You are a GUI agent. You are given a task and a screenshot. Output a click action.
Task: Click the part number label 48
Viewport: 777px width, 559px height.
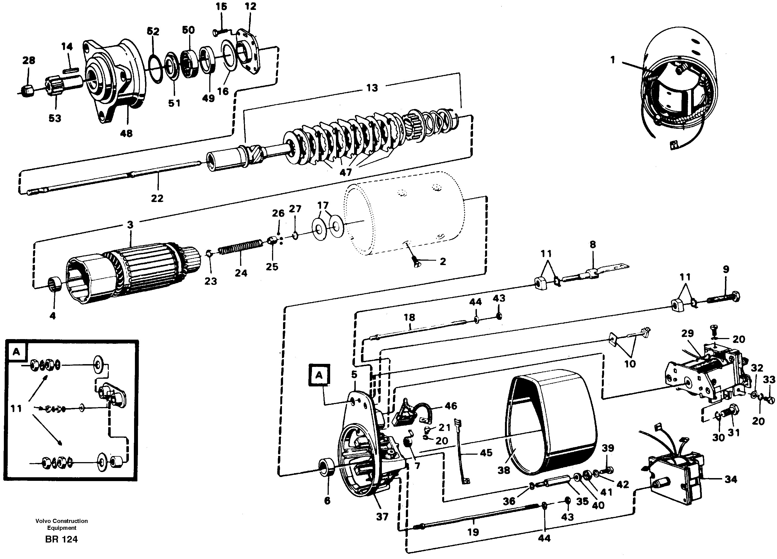126,133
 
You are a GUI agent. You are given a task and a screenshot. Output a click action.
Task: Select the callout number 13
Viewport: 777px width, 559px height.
372,88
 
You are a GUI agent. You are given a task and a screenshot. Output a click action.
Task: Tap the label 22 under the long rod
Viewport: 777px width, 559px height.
157,198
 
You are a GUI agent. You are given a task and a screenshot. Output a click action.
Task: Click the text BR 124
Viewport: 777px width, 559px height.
61,539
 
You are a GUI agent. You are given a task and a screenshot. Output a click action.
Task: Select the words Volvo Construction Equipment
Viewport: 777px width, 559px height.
61,524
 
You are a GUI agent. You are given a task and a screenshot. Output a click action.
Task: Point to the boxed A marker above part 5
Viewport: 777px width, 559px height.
319,375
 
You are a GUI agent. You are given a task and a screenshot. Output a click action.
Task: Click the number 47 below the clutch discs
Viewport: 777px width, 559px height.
345,172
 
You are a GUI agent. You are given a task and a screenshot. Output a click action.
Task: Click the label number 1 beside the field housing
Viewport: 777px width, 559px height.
613,60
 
